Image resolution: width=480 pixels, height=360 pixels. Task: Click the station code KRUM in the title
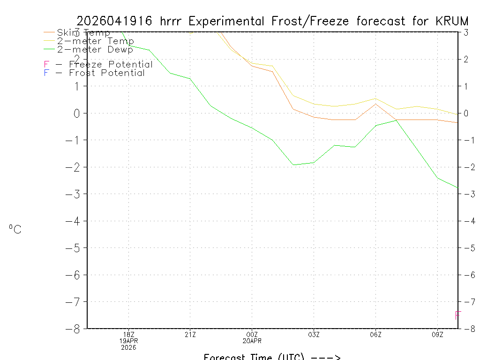pos(451,21)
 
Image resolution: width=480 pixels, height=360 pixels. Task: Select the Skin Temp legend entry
pos(83,33)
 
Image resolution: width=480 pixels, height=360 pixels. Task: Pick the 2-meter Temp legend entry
pos(95,41)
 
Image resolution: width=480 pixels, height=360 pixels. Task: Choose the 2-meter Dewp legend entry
pos(95,49)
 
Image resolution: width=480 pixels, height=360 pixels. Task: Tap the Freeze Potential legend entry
pos(98,65)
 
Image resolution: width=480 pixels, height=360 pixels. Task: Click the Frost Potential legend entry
pos(95,73)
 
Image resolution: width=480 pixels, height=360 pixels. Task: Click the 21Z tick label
pos(190,334)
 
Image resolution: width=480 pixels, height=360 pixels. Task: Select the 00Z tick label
pos(252,334)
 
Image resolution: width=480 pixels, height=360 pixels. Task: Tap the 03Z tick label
pos(314,334)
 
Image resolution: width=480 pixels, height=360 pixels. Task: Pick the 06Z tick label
pos(375,334)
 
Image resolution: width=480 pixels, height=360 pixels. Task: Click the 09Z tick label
pos(437,334)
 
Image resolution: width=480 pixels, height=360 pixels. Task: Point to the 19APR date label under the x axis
pos(128,341)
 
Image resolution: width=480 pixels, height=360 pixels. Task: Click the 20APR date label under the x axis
pos(252,341)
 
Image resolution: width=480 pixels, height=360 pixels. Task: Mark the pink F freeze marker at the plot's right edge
pos(458,315)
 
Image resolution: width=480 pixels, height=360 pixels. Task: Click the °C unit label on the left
pos(15,229)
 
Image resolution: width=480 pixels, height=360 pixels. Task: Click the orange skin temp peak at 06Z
pos(375,104)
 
